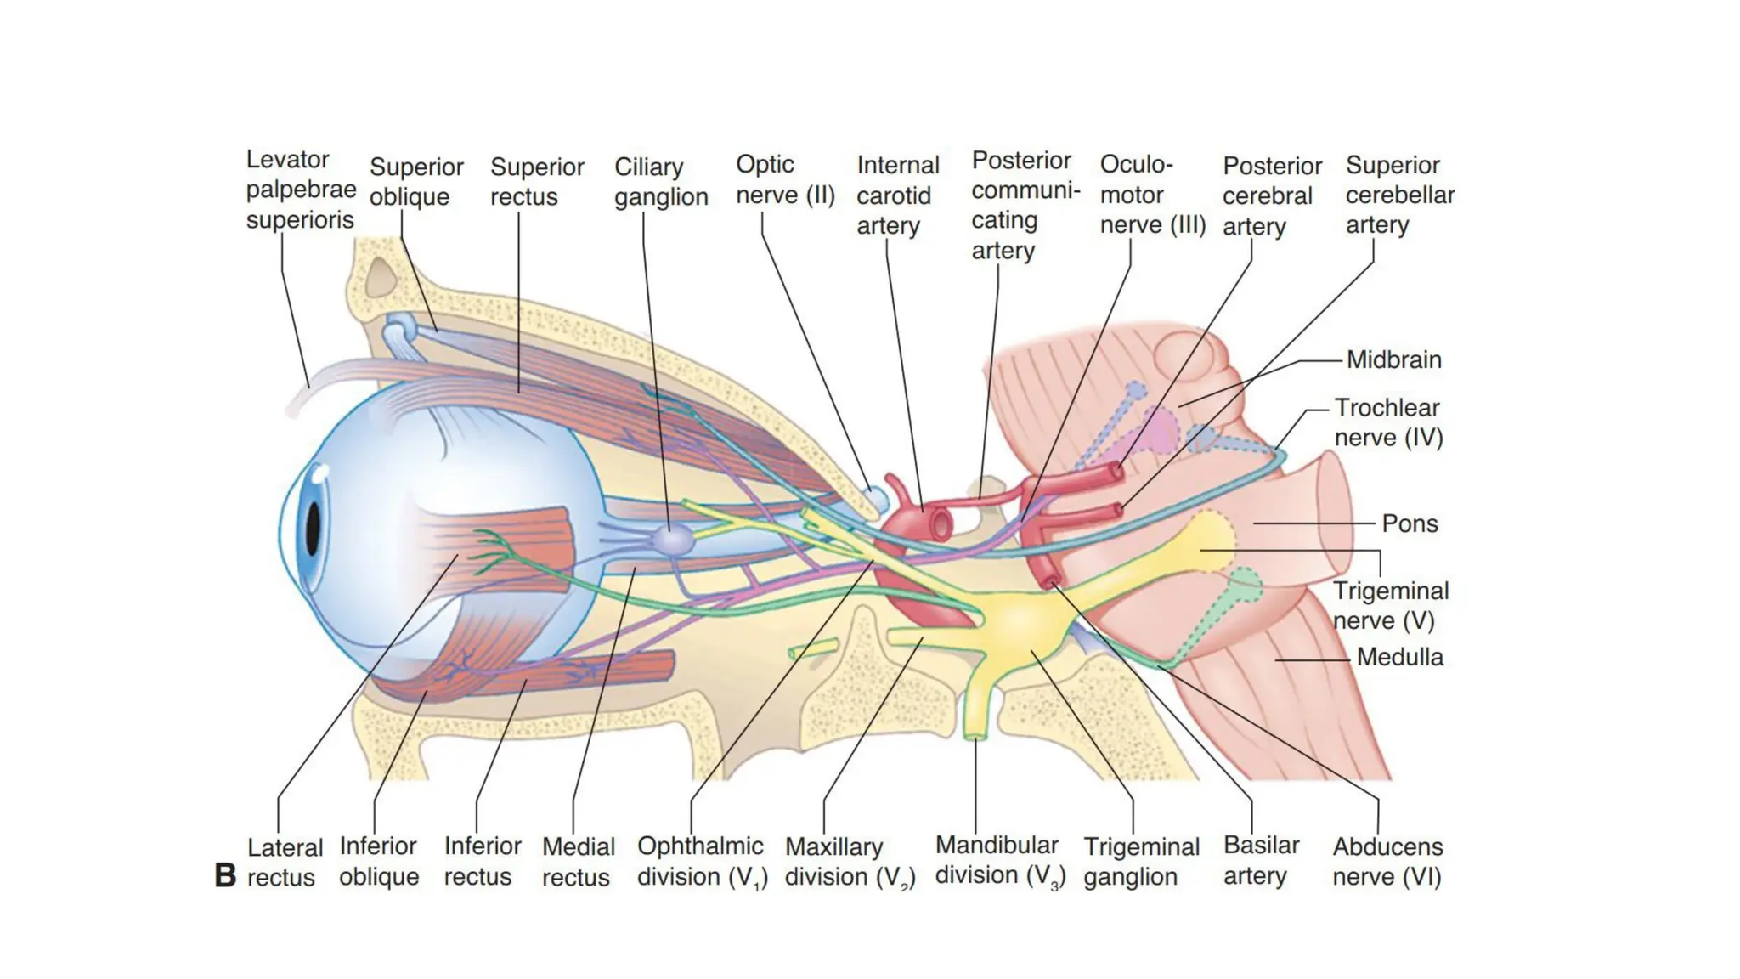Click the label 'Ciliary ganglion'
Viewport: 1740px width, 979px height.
coord(661,182)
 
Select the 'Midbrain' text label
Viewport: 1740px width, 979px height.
coord(1393,359)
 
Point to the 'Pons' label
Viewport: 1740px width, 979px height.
coord(1410,523)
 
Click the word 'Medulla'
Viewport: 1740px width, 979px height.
coord(1399,657)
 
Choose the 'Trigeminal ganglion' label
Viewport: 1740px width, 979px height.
coord(1141,862)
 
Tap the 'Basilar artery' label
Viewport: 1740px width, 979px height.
coord(1261,860)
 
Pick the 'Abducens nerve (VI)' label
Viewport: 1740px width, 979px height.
coord(1387,862)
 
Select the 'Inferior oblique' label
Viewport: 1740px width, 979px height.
coord(379,862)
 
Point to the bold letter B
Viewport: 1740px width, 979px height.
coord(225,875)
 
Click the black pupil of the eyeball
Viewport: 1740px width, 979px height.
coord(313,529)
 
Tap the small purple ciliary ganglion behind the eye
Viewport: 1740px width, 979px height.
coord(672,540)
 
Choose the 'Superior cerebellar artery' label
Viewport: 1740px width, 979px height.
coord(1399,195)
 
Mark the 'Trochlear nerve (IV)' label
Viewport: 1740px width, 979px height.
coord(1387,422)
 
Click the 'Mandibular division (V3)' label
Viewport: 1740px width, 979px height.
coord(999,861)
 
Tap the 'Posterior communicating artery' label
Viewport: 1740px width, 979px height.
coord(1025,206)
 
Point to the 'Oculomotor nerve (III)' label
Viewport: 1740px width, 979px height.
coord(1152,195)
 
